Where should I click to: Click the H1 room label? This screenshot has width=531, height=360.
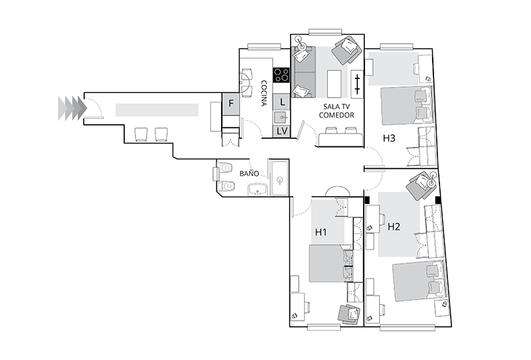pos(321,232)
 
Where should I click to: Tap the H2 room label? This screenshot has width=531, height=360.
pos(394,226)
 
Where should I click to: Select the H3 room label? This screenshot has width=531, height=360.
pos(389,138)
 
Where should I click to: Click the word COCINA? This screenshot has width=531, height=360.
pos(264,93)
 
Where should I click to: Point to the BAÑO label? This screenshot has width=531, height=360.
pos(250,173)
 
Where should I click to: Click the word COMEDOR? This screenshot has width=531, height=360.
pos(337,116)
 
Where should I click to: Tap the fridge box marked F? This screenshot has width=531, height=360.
pos(231,103)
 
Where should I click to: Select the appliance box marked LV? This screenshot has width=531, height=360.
pos(281,131)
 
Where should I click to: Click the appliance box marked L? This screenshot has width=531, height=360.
pos(281,102)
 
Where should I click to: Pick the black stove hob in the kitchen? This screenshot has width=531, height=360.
pos(281,75)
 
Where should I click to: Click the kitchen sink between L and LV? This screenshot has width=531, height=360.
pos(281,118)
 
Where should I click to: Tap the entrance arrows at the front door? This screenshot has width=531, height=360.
pos(72,108)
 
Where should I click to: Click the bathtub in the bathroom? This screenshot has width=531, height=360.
pos(279,177)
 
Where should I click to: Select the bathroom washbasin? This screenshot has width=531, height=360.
pos(258,189)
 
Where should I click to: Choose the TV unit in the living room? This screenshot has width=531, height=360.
pos(357,84)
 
